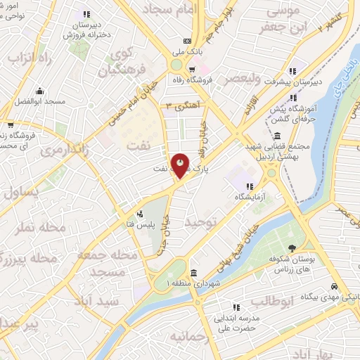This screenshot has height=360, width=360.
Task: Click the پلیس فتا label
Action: [156, 221]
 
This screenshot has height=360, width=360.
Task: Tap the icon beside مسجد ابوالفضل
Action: [41, 91]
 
